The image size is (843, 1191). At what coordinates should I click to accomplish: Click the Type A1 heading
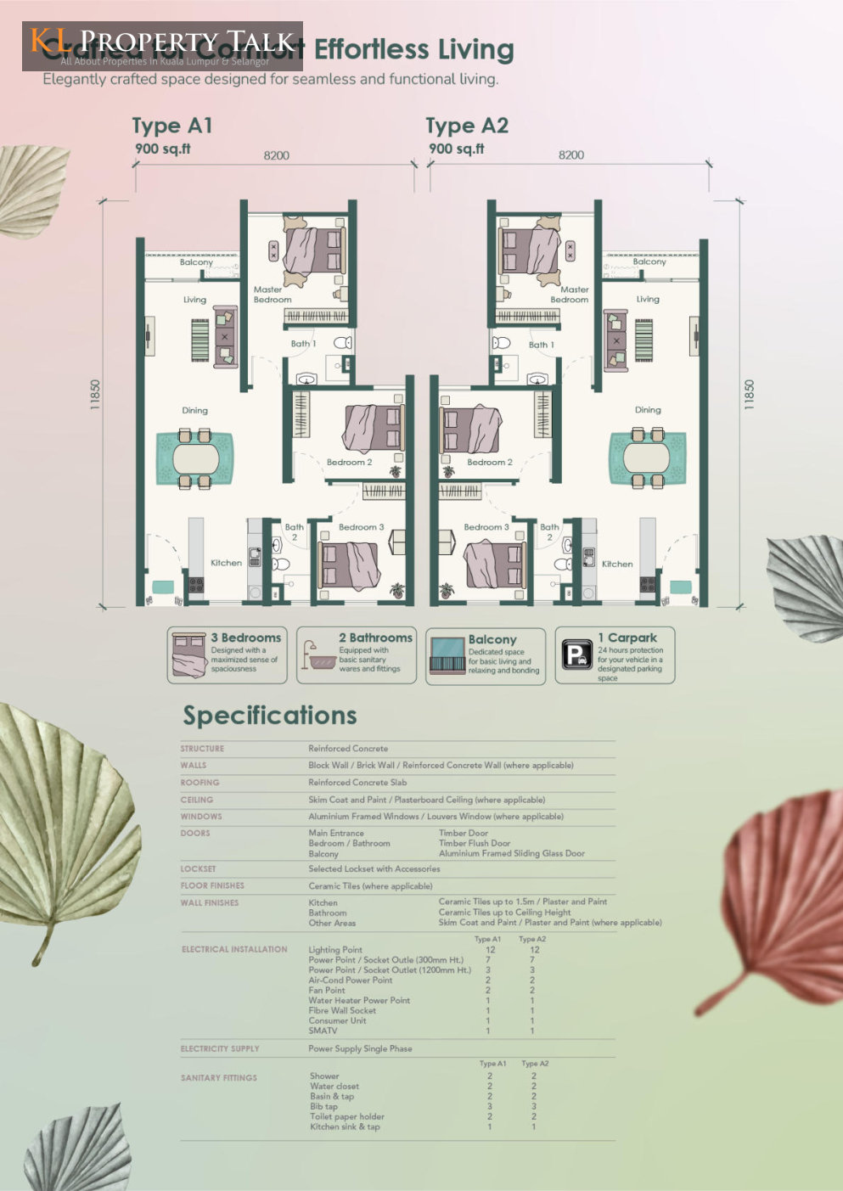(172, 126)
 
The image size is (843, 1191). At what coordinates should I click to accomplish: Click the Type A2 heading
(467, 126)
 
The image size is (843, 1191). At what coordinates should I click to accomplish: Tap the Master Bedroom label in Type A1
(272, 295)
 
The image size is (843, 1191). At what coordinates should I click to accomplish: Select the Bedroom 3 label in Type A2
(486, 527)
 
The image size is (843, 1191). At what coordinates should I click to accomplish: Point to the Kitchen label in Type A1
(226, 563)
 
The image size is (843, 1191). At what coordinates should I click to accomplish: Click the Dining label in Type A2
(648, 410)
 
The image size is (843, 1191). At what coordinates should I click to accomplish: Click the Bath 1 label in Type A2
(541, 345)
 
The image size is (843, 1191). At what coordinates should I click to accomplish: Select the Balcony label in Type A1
(196, 262)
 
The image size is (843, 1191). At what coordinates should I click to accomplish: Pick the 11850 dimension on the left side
(95, 396)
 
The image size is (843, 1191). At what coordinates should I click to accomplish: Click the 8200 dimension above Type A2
(570, 155)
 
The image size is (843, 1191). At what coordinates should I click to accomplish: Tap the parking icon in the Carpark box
(576, 654)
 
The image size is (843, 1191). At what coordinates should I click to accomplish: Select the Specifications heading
(270, 716)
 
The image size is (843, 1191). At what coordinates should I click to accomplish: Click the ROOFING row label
(200, 783)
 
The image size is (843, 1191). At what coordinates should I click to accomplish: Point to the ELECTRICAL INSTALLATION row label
(234, 949)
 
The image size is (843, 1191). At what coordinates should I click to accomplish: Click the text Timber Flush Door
(475, 843)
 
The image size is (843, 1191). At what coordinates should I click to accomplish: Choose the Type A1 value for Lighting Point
(490, 950)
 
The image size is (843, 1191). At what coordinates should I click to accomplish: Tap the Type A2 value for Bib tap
(533, 1106)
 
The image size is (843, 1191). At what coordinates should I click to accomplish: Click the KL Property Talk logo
(162, 46)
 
